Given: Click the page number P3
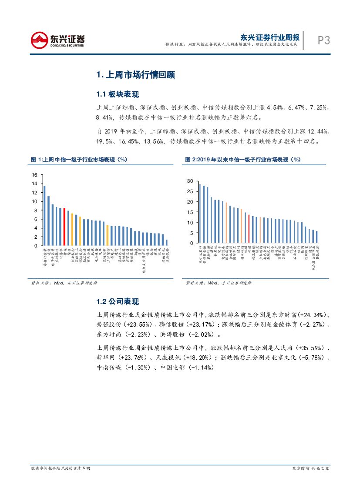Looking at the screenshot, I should (x=323, y=40).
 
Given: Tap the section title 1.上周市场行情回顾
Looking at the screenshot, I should (x=135, y=75).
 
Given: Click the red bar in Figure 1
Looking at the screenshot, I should (x=64, y=227).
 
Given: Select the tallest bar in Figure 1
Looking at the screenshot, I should (x=44, y=216).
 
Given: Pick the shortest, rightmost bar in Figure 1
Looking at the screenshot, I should (x=166, y=243).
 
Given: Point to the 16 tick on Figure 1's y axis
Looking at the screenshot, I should (x=35, y=175).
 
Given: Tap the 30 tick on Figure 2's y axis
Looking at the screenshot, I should (x=190, y=181).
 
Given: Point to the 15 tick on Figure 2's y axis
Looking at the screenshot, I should (x=190, y=212).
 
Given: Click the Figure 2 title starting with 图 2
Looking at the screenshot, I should (x=243, y=160).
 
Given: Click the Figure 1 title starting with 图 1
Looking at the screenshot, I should (x=79, y=160).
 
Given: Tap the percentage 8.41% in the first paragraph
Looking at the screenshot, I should (x=105, y=117).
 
